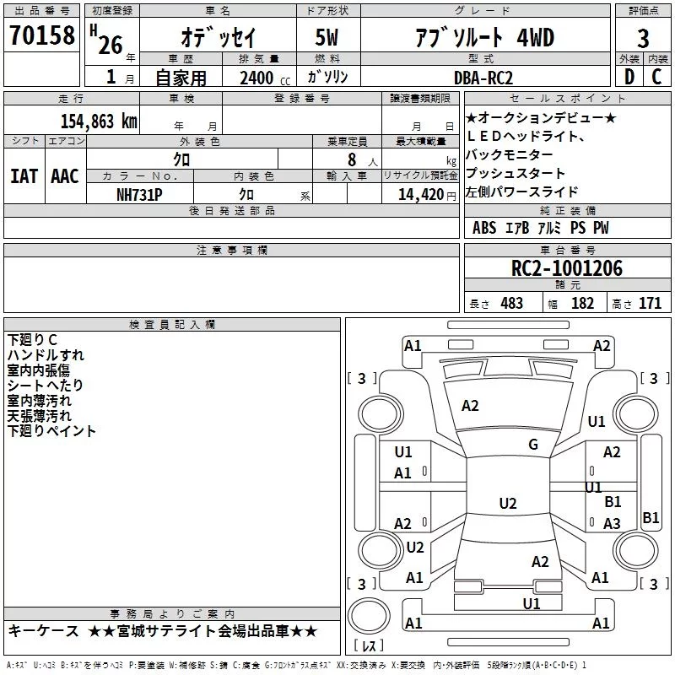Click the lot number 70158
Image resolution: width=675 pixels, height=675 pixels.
click(42, 35)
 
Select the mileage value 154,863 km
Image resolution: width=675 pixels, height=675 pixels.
click(99, 121)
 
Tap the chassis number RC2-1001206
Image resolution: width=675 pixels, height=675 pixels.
click(567, 268)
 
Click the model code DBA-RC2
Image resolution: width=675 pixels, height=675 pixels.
click(483, 78)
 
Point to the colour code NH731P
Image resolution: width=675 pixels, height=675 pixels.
click(139, 195)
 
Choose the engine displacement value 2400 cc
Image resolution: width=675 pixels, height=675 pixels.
click(265, 78)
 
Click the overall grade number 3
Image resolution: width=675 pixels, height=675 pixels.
click(643, 38)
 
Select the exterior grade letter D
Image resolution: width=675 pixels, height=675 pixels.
click(629, 77)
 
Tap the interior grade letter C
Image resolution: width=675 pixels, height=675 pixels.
click(657, 77)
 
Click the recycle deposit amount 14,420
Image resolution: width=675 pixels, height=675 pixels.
click(421, 195)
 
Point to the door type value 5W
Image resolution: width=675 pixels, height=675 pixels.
click(327, 37)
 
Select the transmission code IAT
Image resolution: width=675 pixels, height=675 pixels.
click(24, 176)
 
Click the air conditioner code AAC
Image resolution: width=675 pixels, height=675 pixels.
click(65, 176)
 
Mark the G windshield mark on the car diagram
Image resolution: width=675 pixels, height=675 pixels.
click(533, 445)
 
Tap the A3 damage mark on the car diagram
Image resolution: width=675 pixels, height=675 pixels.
click(612, 523)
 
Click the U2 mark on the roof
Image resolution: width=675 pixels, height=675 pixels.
click(508, 503)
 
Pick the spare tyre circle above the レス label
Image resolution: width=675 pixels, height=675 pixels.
click(368, 616)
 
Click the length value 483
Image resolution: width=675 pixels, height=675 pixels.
click(511, 304)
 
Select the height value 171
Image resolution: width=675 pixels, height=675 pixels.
click(650, 304)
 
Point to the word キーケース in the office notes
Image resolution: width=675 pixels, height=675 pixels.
click(44, 631)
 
